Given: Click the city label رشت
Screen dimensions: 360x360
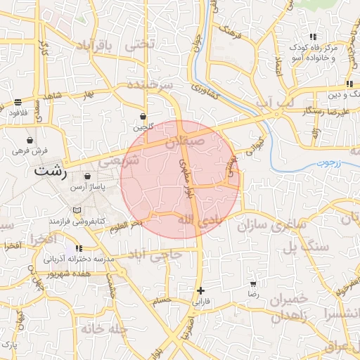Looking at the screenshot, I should pyautogui.click(x=51, y=171).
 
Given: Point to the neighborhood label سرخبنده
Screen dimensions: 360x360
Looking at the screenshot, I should pyautogui.click(x=149, y=85).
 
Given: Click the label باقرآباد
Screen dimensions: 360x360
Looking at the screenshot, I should pyautogui.click(x=91, y=46).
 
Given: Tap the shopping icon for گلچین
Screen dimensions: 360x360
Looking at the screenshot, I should pyautogui.click(x=143, y=116).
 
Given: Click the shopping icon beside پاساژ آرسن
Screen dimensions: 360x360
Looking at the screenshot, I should pyautogui.click(x=87, y=176).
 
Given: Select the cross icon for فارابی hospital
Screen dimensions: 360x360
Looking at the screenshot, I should pyautogui.click(x=201, y=290).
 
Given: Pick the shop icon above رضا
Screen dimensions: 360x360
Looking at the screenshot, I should pyautogui.click(x=253, y=285).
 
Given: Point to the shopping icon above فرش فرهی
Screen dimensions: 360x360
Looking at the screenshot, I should pyautogui.click(x=29, y=140).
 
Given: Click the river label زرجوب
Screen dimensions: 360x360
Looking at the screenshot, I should pyautogui.click(x=324, y=162).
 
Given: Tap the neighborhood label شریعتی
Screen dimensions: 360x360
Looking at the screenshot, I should pyautogui.click(x=119, y=161).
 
